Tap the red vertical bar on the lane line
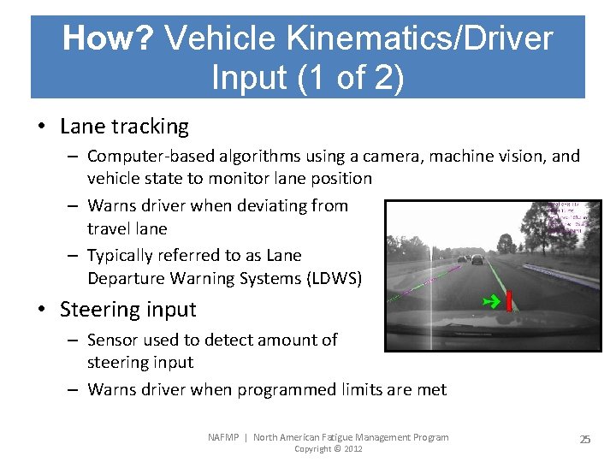click(508, 301)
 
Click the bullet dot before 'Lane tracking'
click(41, 127)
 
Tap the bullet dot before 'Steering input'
click(41, 310)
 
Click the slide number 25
click(584, 439)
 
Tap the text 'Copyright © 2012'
click(328, 449)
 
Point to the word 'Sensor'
click(114, 340)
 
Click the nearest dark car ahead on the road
click(477, 259)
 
